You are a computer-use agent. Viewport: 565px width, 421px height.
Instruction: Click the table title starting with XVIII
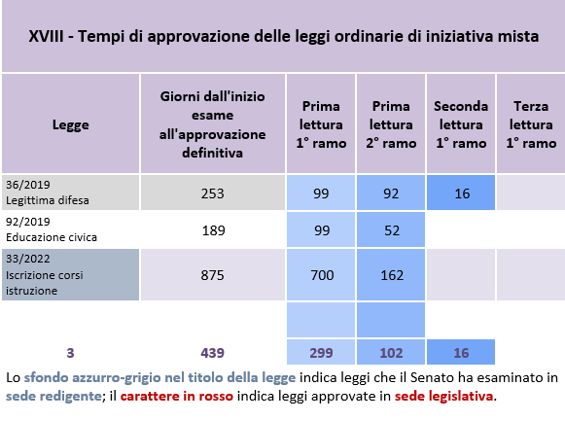[x=284, y=36]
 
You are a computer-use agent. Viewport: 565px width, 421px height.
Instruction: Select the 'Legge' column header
[x=71, y=124]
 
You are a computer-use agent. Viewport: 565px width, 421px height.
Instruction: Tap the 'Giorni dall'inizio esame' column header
[x=213, y=124]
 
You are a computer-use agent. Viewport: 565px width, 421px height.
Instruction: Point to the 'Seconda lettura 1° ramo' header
[x=461, y=124]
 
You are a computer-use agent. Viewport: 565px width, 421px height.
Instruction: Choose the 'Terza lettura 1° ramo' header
[x=531, y=124]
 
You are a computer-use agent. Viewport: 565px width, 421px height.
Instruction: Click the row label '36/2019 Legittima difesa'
[x=48, y=193]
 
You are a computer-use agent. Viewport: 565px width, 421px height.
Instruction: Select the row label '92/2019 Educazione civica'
[x=52, y=229]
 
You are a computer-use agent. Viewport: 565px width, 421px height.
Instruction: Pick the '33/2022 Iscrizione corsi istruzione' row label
[x=45, y=274]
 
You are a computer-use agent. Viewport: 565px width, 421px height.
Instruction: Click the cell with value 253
[x=213, y=193]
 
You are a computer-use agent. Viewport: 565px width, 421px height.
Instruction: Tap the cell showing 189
[x=213, y=230]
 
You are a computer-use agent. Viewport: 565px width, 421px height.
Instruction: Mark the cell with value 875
[x=213, y=275]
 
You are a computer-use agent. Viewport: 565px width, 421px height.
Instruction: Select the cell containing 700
[x=322, y=275]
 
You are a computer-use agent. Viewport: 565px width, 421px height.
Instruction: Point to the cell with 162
[x=392, y=275]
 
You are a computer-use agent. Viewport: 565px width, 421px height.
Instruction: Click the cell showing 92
[x=391, y=193]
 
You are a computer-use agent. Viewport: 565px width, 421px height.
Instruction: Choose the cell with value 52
[x=392, y=230]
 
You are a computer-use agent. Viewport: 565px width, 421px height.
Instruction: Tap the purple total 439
[x=213, y=353]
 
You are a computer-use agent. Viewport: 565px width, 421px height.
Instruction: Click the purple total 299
[x=321, y=353]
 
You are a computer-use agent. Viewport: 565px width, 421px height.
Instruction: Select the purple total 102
[x=391, y=353]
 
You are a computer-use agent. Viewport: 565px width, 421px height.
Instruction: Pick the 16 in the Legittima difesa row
[x=462, y=193]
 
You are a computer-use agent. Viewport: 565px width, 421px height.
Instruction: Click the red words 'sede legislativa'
[x=443, y=396]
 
